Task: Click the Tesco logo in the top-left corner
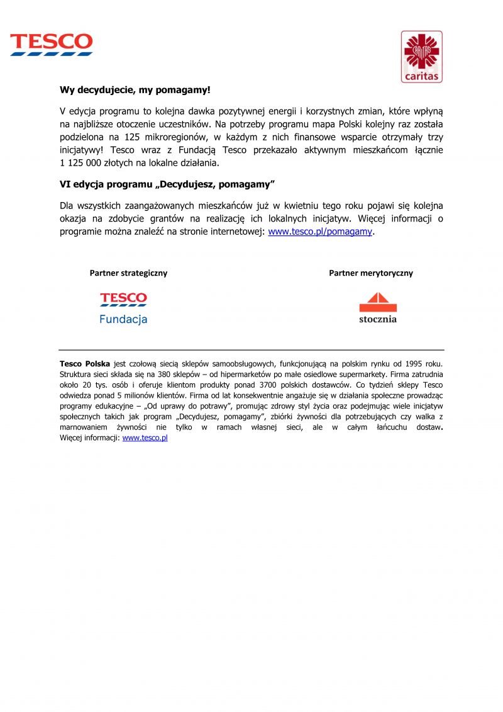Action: point(52,45)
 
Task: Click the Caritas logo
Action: point(421,57)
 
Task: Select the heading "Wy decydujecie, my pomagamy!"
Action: point(135,90)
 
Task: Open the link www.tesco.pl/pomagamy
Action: point(321,232)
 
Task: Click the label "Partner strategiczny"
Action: point(129,273)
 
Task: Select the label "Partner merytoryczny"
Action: point(371,273)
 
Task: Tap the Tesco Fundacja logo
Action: point(123,308)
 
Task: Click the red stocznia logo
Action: point(378,307)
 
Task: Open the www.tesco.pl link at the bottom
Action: point(145,438)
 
